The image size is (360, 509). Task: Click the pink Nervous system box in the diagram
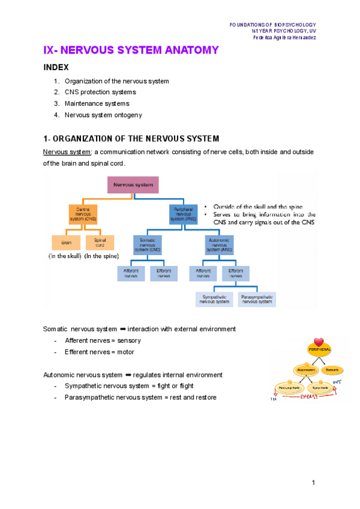[133, 185]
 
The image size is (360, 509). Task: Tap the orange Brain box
[65, 243]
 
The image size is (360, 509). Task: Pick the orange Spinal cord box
[100, 243]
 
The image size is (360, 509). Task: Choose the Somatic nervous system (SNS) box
[148, 244]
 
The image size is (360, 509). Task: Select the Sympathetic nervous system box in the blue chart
[215, 300]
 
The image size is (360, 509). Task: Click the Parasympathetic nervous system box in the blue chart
[257, 300]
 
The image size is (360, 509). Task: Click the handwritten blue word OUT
[337, 381]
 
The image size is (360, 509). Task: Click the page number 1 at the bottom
[313, 483]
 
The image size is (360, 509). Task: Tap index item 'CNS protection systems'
[100, 92]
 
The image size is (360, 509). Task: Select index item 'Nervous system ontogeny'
[103, 115]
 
